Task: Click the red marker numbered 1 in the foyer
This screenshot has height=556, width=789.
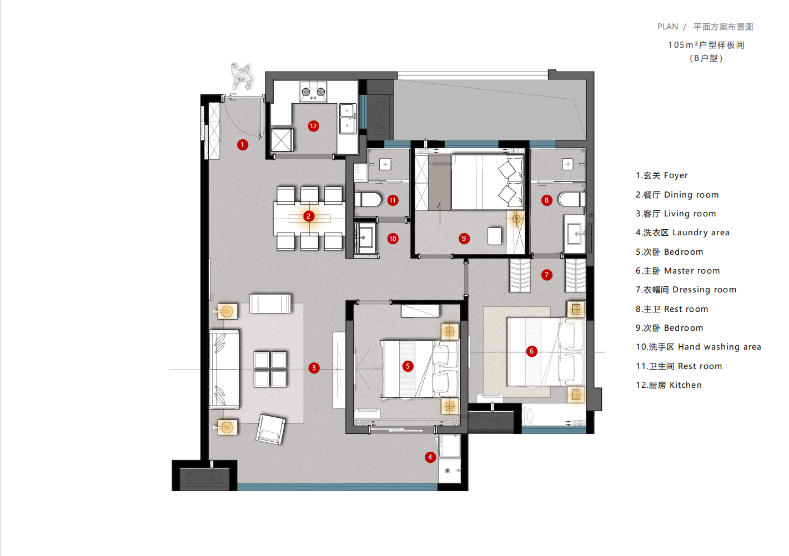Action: [x=242, y=145]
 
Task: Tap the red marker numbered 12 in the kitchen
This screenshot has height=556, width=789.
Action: [x=313, y=126]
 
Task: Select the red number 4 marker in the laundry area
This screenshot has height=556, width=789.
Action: [x=430, y=457]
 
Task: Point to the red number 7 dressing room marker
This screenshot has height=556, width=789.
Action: [x=546, y=275]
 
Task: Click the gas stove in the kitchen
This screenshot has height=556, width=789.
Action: [x=313, y=92]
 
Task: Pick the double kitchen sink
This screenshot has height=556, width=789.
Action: [x=347, y=119]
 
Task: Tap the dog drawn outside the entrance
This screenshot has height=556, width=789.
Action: [x=241, y=75]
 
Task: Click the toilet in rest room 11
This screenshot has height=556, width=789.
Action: [x=368, y=200]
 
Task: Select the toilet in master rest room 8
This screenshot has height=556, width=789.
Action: [x=572, y=200]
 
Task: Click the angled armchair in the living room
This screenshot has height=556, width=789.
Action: [x=270, y=429]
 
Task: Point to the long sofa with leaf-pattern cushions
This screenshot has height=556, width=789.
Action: [x=224, y=369]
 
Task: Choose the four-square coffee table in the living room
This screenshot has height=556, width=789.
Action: [x=270, y=369]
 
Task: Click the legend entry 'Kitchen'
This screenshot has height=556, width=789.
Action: [x=685, y=385]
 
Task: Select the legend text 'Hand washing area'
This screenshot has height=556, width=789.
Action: [x=719, y=347]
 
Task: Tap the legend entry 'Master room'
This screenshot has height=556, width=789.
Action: [x=692, y=271]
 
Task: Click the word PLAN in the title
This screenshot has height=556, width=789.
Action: [x=667, y=27]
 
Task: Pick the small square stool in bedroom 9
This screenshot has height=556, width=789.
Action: [x=494, y=236]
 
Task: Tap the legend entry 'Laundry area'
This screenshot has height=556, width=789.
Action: [x=701, y=232]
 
